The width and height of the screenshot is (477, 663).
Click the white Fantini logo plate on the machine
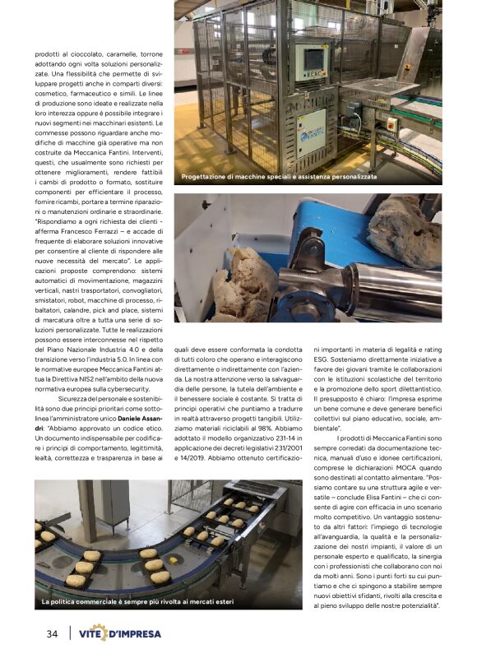click(311, 132)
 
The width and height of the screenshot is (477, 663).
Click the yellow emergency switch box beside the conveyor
click(391, 125)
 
